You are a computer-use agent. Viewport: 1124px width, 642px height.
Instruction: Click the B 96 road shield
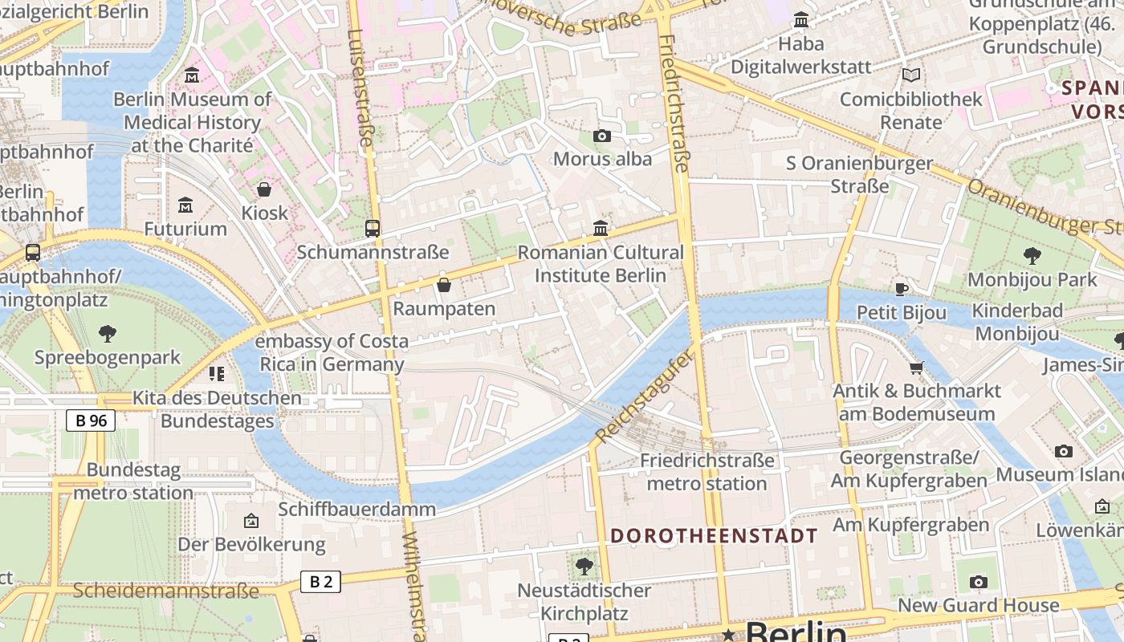click(x=91, y=421)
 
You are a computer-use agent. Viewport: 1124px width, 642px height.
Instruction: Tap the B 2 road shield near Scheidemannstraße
click(x=320, y=582)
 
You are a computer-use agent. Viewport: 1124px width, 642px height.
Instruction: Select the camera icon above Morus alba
click(x=601, y=136)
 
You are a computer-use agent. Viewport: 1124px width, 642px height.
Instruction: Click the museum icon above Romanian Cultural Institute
click(x=601, y=229)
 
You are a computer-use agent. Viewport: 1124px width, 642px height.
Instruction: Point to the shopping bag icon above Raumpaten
click(x=443, y=285)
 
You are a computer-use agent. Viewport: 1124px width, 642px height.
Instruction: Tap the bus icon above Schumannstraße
click(x=372, y=229)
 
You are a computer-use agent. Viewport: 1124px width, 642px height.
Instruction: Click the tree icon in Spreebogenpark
click(x=107, y=334)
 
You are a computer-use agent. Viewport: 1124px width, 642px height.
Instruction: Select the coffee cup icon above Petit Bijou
click(x=902, y=289)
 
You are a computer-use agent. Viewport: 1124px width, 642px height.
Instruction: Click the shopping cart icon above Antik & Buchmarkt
click(x=916, y=368)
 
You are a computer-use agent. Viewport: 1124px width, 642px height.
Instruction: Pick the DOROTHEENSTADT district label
click(x=714, y=536)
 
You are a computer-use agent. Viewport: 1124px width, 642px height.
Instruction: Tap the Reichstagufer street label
click(x=643, y=396)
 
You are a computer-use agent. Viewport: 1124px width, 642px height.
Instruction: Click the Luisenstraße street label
click(x=360, y=88)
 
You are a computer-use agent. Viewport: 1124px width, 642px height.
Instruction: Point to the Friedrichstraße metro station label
click(x=707, y=472)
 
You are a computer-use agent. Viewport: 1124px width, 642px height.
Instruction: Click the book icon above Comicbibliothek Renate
click(x=910, y=75)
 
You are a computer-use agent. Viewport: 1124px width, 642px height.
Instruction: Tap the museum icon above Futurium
click(x=185, y=205)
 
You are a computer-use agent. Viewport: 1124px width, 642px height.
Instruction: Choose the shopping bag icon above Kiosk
click(x=263, y=190)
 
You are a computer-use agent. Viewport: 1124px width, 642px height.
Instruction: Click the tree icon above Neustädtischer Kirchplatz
click(x=584, y=567)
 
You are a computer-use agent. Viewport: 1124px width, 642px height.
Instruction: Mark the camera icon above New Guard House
click(x=978, y=582)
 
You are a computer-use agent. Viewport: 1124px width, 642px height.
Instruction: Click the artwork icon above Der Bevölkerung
click(x=251, y=521)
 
